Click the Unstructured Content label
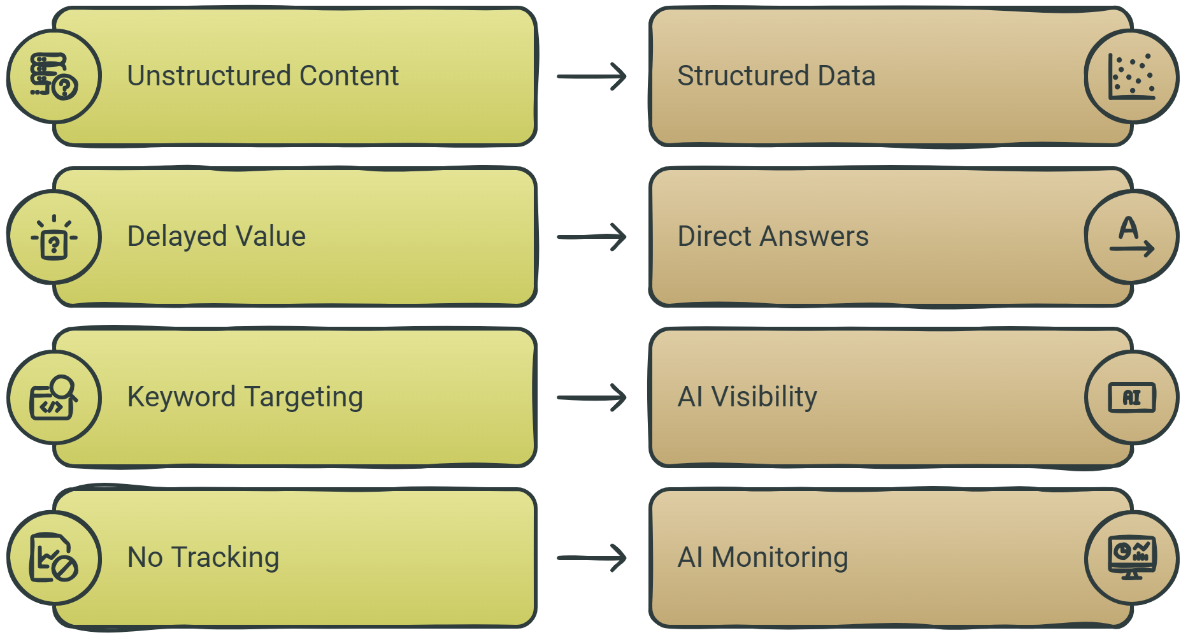[262, 76]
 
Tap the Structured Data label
[776, 76]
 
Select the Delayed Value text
[217, 236]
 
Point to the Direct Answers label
[773, 236]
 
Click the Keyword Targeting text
[245, 397]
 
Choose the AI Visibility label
[747, 397]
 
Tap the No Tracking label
[203, 557]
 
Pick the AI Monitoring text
[763, 557]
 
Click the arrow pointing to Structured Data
[592, 76]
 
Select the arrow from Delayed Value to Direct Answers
[592, 237]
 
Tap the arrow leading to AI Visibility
[592, 397]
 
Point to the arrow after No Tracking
[592, 558]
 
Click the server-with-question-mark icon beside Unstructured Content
[54, 76]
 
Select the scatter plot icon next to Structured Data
[1132, 76]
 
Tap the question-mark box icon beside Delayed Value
[54, 237]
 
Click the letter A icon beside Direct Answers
[1132, 237]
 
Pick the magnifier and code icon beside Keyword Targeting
[54, 397]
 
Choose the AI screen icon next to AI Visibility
[1132, 397]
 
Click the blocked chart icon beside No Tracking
[54, 558]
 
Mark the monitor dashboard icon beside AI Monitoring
[1132, 558]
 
